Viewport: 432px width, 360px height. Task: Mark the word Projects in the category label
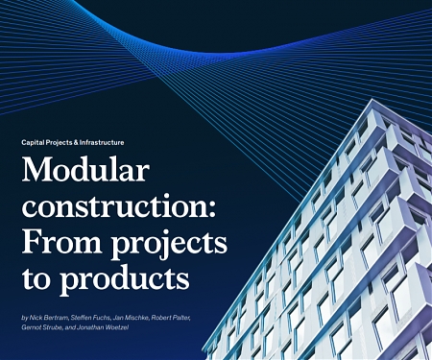pos(59,142)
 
